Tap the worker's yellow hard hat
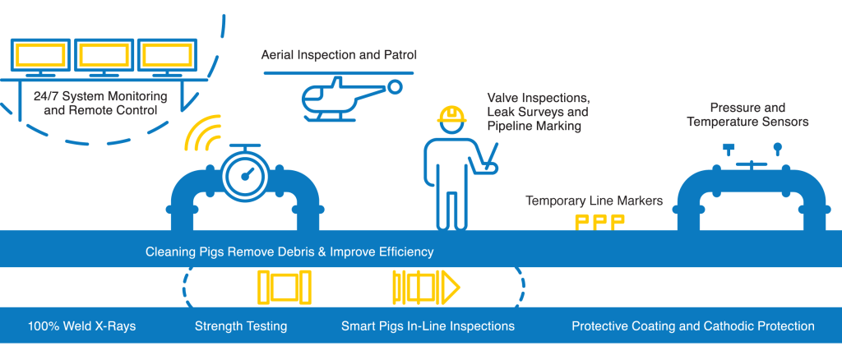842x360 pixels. (451, 114)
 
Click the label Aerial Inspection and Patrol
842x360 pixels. (339, 55)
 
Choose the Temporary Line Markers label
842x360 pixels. (594, 201)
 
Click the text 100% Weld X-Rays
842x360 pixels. (81, 326)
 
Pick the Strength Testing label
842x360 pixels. (241, 326)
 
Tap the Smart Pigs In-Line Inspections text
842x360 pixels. (428, 326)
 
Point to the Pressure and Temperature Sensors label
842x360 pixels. (747, 115)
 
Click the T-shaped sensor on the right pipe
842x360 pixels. (729, 150)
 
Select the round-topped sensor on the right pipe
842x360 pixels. (777, 149)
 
